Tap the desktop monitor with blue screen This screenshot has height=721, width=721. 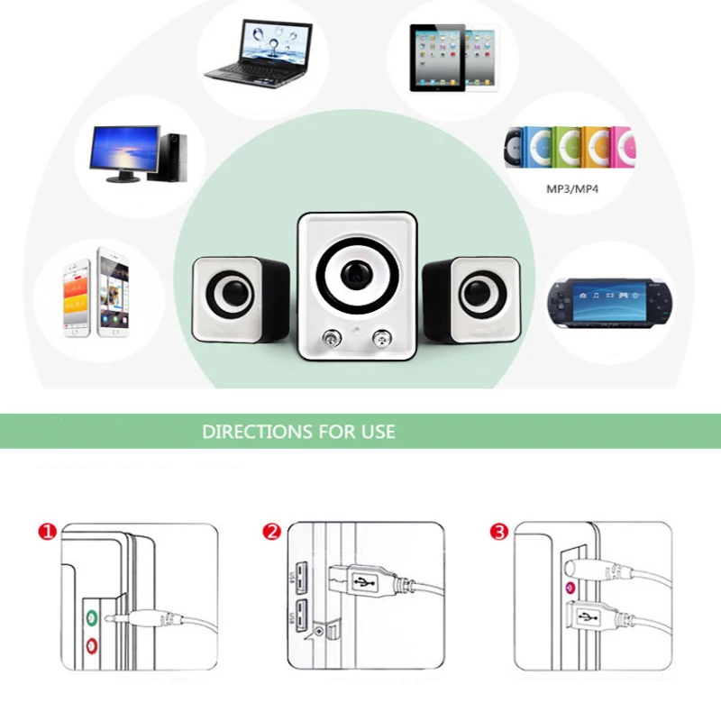(x=126, y=151)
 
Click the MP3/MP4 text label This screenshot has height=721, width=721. (x=572, y=190)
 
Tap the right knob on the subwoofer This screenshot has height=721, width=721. (x=381, y=340)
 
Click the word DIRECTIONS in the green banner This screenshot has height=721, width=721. (x=251, y=431)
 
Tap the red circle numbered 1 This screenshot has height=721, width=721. (x=48, y=532)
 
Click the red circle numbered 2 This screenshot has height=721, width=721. (x=271, y=532)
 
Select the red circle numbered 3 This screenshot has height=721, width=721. (x=498, y=532)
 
